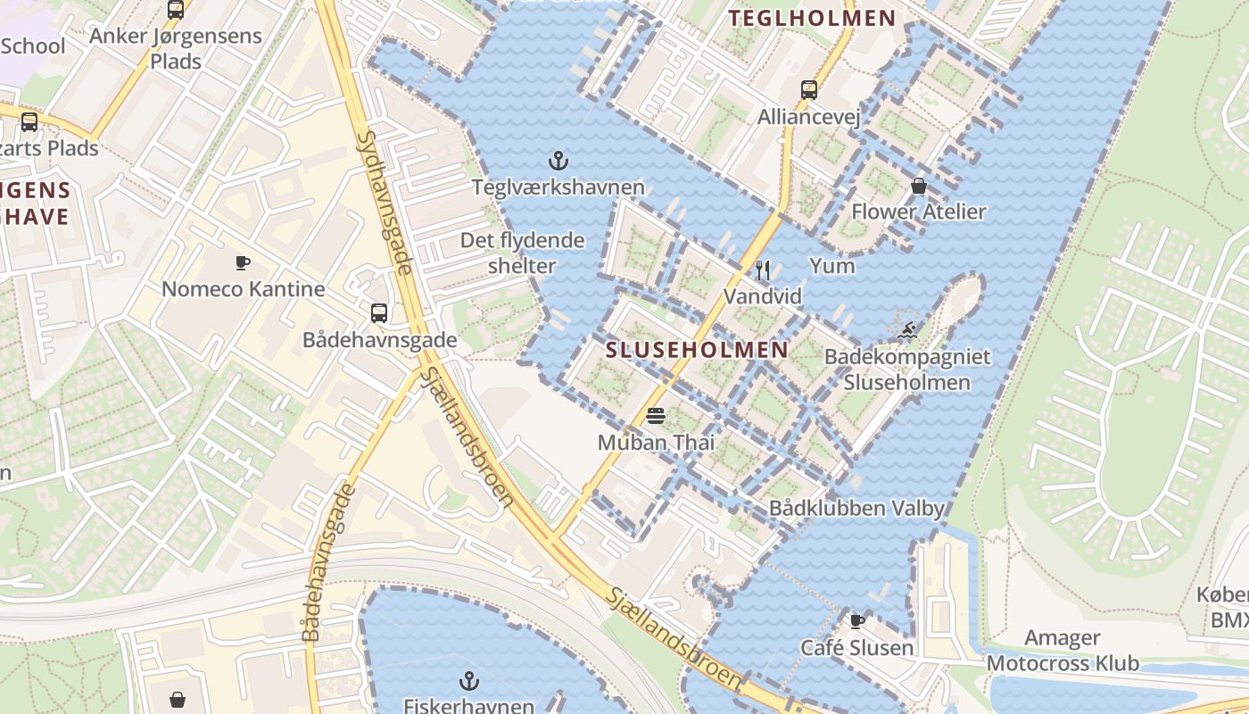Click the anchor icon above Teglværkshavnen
tap(558, 161)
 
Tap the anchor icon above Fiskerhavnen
tap(468, 682)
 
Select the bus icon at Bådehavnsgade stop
tap(379, 312)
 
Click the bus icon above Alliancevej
tap(809, 89)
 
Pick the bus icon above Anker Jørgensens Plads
tap(176, 10)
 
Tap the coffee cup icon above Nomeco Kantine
tap(243, 262)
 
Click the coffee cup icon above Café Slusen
tap(857, 620)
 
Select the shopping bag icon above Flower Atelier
tap(919, 186)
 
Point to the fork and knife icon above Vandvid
tap(763, 270)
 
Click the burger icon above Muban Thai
tap(657, 415)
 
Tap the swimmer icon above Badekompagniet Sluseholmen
tap(906, 331)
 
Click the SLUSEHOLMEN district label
tap(697, 350)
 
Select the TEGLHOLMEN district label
tap(812, 18)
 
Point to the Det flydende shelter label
tap(522, 253)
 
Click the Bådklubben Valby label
tap(856, 508)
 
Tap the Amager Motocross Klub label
tap(1063, 651)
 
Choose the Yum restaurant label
tap(832, 266)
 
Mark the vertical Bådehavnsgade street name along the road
tap(325, 562)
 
